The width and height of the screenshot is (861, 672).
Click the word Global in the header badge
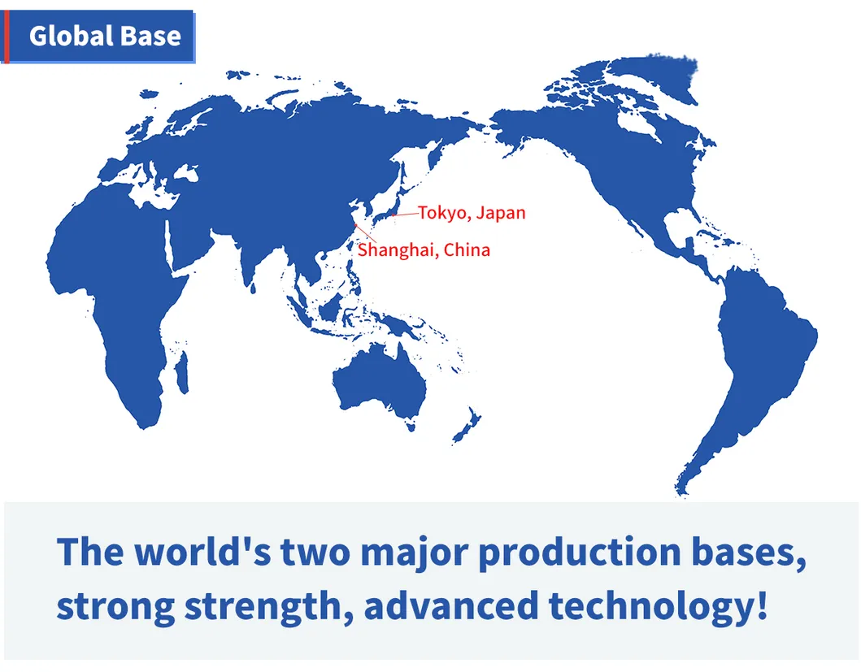(x=71, y=37)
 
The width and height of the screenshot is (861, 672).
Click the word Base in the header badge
(x=150, y=37)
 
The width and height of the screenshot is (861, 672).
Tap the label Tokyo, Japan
(x=472, y=212)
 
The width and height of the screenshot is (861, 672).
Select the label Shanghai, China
(x=424, y=249)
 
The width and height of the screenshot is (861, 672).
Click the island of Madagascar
(x=182, y=372)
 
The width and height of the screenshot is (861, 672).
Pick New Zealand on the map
(x=467, y=426)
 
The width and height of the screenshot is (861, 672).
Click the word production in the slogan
(x=579, y=553)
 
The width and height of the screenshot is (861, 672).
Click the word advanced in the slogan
(x=450, y=605)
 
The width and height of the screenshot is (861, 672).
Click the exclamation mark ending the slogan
(x=762, y=605)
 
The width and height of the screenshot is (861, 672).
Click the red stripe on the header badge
(x=7, y=37)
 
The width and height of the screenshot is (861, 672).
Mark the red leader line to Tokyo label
(x=405, y=214)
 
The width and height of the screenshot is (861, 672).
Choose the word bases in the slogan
(x=749, y=552)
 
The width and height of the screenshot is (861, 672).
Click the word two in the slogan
(x=315, y=553)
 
